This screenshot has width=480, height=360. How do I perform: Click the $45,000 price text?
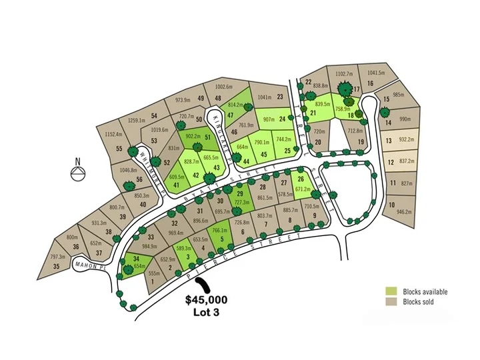205,299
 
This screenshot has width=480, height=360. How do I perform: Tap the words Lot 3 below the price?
205,311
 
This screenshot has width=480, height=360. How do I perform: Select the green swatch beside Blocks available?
391,291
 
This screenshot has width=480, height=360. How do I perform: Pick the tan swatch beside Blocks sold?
391,302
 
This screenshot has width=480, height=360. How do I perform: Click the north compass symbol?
78,171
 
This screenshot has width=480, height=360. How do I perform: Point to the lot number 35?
57,267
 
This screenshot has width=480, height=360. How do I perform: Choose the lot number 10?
392,205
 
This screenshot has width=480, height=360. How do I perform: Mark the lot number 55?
119,149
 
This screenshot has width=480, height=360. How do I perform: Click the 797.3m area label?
58,257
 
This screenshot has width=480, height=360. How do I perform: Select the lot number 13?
389,141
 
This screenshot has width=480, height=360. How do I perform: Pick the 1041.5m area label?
376,73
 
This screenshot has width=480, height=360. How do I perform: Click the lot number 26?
301,179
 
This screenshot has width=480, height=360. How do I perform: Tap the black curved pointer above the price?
206,284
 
